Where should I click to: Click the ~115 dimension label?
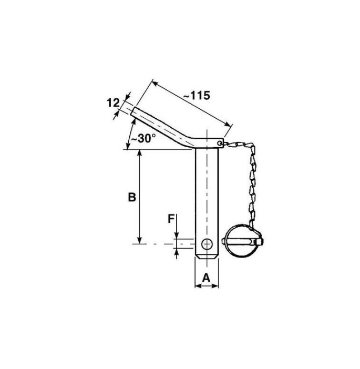[x=197, y=96]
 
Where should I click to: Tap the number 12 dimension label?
[x=113, y=103]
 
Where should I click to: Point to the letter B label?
[x=132, y=197]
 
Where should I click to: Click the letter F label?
[x=171, y=219]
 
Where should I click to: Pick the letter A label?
[x=206, y=278]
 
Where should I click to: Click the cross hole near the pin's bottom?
[x=207, y=244]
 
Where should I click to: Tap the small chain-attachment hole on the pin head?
[x=220, y=143]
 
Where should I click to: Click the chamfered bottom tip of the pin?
[x=207, y=256]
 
